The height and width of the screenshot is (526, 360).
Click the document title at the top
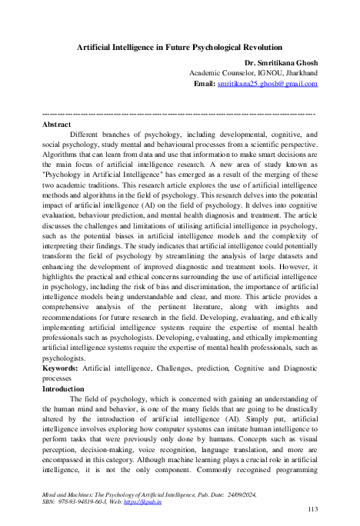(x=180, y=47)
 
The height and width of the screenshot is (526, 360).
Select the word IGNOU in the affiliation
(x=263, y=72)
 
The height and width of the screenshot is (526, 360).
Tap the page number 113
(x=312, y=509)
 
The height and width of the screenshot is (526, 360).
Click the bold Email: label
(x=204, y=83)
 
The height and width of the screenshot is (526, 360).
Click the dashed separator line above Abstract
(x=180, y=114)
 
